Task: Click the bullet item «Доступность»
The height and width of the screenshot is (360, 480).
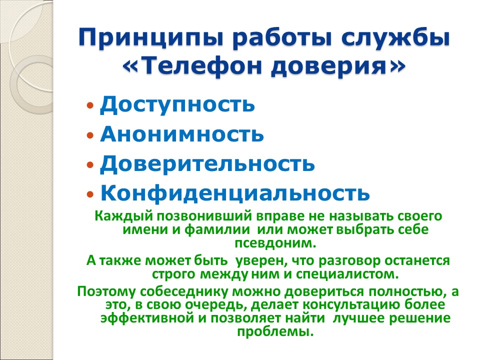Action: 177,105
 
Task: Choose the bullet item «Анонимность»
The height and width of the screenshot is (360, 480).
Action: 182,134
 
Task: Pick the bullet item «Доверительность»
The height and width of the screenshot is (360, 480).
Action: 207,164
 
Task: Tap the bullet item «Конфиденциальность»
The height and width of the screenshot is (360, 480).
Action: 235,193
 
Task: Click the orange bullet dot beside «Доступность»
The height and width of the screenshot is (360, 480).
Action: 90,106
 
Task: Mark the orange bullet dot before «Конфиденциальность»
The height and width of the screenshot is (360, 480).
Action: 90,194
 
